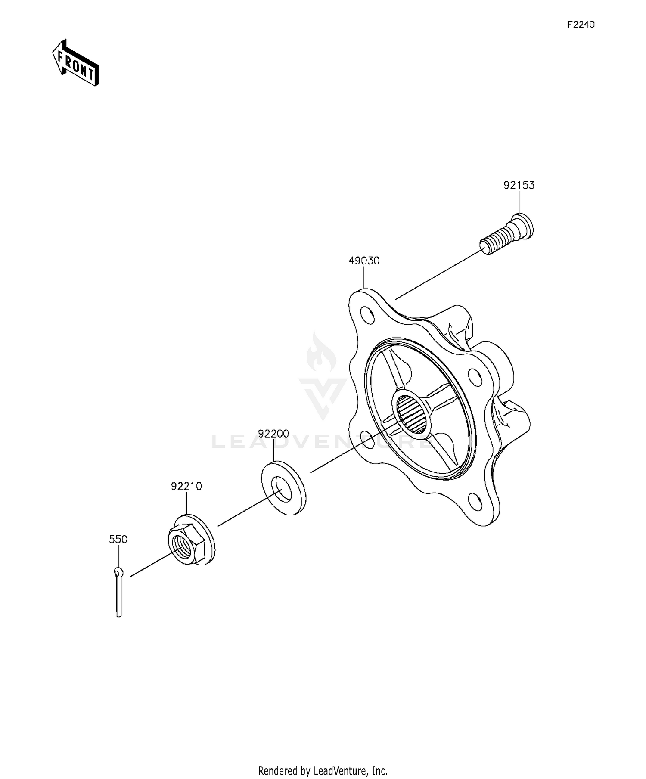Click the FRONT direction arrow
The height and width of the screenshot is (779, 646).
pos(76,63)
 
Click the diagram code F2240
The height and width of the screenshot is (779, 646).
pos(580,25)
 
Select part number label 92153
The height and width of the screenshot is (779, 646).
pos(519,185)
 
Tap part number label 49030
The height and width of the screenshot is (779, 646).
pos(364,261)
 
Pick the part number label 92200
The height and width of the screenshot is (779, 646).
pos(273,433)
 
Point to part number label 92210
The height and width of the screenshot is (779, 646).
pos(186,486)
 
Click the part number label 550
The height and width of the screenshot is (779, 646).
pos(118,539)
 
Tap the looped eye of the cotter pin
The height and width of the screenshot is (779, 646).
pos(119,572)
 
